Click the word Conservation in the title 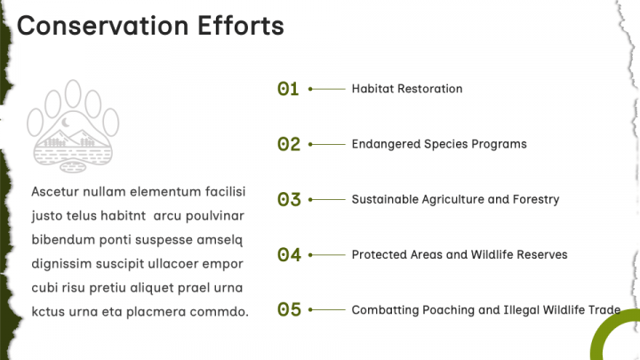[103, 26]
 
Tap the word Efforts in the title [241, 26]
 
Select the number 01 [288, 89]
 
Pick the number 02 [289, 144]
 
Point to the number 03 [289, 200]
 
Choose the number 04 [289, 255]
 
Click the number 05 [289, 310]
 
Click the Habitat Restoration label [407, 89]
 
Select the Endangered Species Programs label [439, 144]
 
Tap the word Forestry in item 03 [536, 200]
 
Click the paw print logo [73, 126]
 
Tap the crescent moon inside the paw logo [65, 122]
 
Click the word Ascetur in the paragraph [55, 191]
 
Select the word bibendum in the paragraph [63, 240]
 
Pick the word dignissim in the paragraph [61, 264]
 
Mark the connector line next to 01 [327, 89]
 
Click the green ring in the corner [596, 339]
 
